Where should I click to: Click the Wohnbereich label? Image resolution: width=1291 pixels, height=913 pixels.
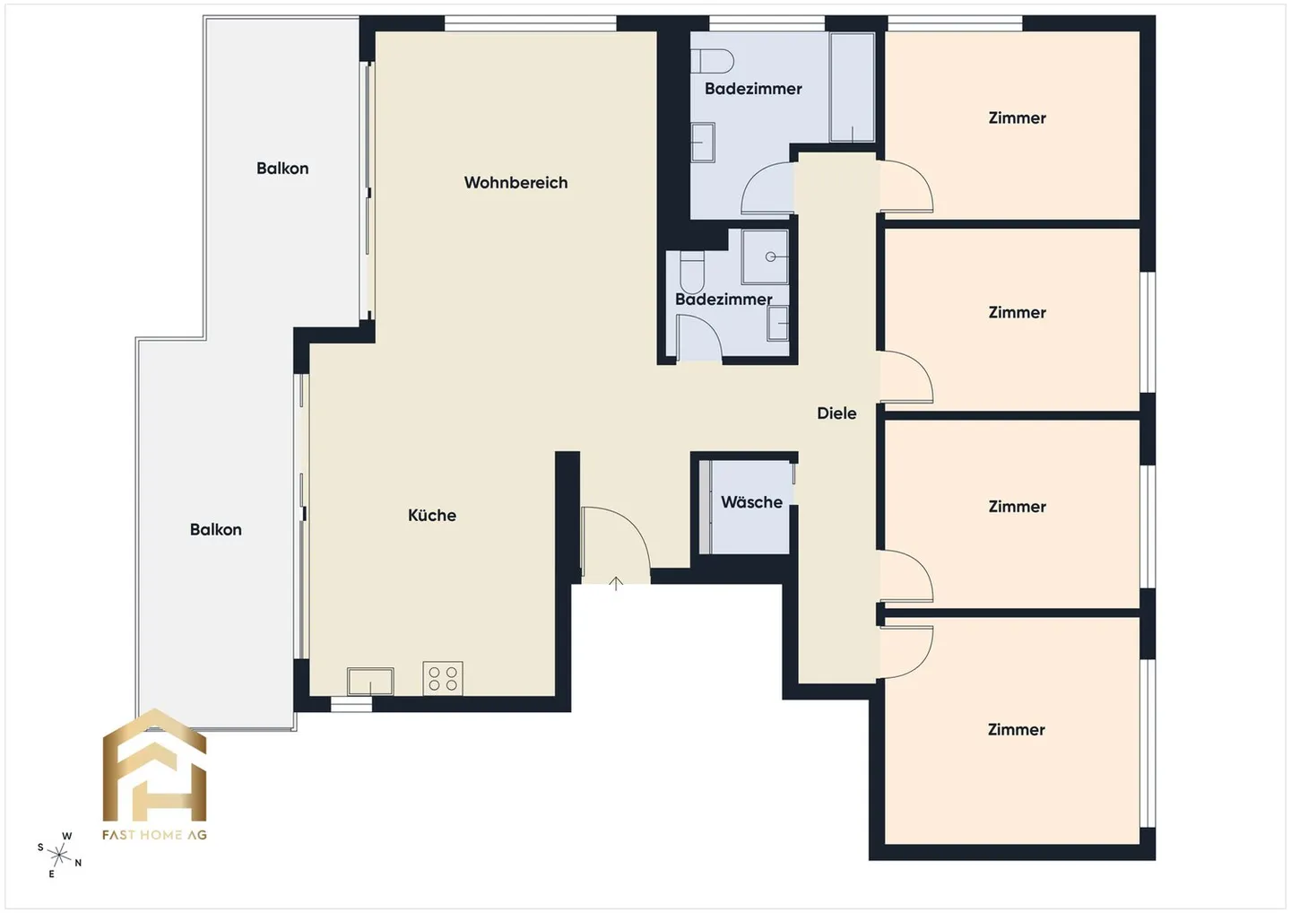[516, 183]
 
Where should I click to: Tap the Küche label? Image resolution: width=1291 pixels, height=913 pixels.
[432, 515]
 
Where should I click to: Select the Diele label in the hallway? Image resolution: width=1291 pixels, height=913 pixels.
[836, 413]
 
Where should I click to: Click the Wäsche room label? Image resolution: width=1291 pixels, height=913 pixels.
[751, 502]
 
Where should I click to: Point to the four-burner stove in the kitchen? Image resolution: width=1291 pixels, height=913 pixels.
[443, 678]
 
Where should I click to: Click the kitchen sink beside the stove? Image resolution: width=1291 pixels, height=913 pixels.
[370, 682]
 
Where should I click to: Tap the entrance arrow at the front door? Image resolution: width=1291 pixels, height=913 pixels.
[616, 583]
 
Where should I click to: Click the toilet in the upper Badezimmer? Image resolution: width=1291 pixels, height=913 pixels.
[713, 60]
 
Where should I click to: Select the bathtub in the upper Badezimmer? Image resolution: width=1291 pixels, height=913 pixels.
[853, 87]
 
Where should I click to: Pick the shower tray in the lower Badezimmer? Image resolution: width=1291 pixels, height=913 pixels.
[765, 257]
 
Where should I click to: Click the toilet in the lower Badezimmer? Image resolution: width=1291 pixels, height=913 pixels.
[692, 272]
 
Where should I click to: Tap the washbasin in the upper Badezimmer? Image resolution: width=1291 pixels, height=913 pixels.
[703, 143]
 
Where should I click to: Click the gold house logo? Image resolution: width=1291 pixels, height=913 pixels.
[154, 765]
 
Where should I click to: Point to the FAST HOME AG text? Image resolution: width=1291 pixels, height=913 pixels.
[154, 835]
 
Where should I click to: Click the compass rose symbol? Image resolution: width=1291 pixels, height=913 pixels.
[59, 855]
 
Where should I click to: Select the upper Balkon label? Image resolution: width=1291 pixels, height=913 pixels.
[282, 169]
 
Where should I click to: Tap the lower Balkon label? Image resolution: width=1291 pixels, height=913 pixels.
[215, 530]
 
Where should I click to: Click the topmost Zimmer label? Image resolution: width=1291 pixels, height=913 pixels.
[1018, 117]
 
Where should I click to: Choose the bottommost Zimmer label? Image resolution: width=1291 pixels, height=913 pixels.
[1016, 729]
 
